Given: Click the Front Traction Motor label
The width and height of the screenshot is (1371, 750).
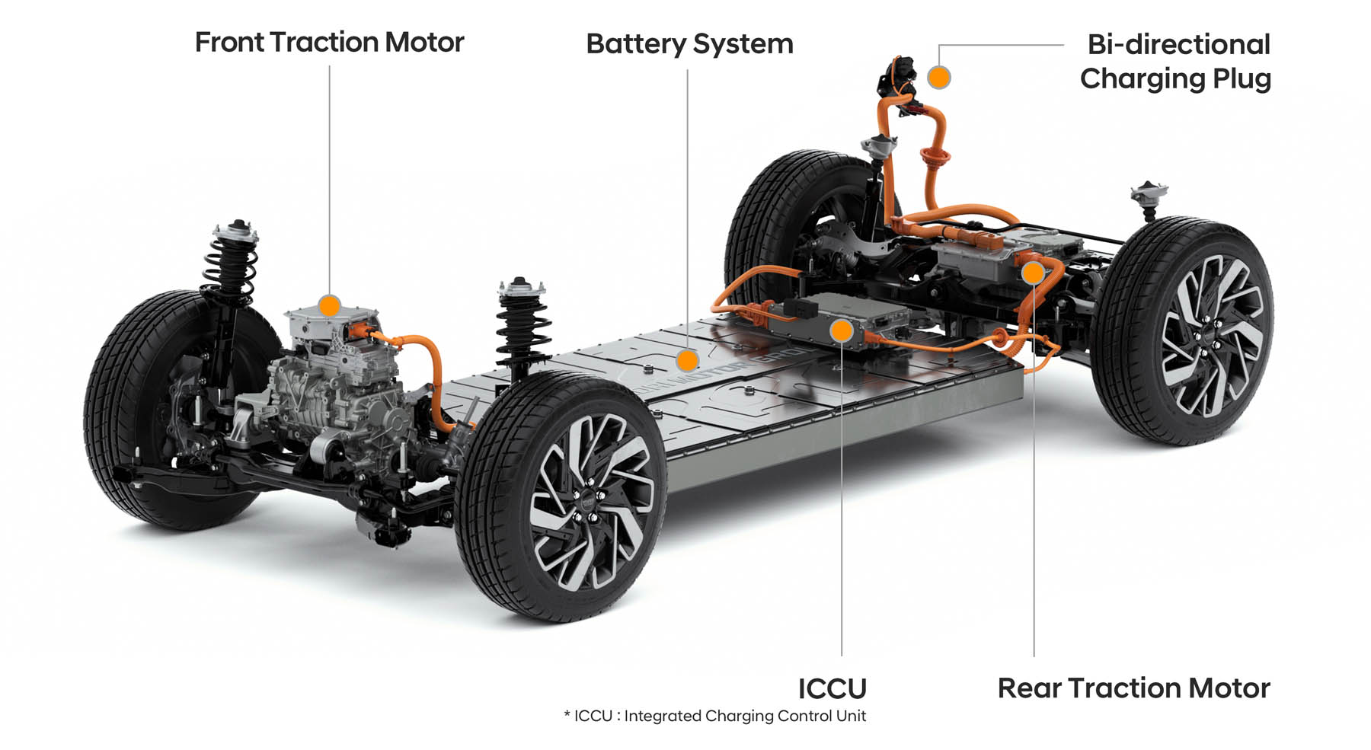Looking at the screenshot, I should coord(329,43).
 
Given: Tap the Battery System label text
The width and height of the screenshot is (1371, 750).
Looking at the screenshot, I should coord(689,44).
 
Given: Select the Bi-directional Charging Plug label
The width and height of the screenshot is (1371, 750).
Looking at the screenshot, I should coord(1177,61).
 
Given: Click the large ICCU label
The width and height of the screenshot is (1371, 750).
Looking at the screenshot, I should coord(832,688).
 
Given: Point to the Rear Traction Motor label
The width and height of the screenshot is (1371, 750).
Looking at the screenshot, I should coord(1133,688).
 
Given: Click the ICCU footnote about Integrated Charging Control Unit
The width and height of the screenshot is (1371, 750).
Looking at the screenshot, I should coord(714,716).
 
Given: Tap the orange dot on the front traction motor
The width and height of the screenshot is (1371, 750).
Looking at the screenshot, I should coord(329,306).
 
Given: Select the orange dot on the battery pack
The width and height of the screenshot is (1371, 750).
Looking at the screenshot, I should coord(687,360).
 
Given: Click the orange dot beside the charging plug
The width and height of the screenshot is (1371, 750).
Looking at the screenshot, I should coord(939,77).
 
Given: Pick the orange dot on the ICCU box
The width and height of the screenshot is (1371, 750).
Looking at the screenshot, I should coord(842,330).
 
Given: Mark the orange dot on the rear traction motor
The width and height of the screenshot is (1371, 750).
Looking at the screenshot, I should coord(1033,273).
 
